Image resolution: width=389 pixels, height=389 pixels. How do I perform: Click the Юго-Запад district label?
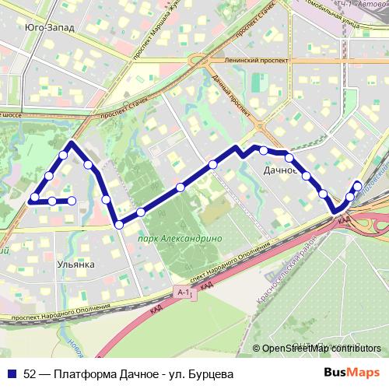pyautogui.click(x=50, y=28)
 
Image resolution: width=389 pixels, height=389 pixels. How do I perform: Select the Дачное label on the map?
pyautogui.click(x=282, y=169)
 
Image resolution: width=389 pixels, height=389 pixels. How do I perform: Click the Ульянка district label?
pyautogui.click(x=75, y=265)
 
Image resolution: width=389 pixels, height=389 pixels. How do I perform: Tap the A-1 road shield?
pyautogui.click(x=184, y=291)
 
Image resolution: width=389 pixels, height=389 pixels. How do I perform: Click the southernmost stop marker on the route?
pyautogui.click(x=119, y=225)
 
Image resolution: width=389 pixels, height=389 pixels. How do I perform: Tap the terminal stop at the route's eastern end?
pyautogui.click(x=357, y=185)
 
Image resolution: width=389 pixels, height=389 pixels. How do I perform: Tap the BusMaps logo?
pyautogui.click(x=357, y=373)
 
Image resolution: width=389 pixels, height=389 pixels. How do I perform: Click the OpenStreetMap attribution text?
pyautogui.click(x=321, y=349)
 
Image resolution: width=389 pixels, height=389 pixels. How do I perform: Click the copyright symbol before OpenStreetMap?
pyautogui.click(x=257, y=349)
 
